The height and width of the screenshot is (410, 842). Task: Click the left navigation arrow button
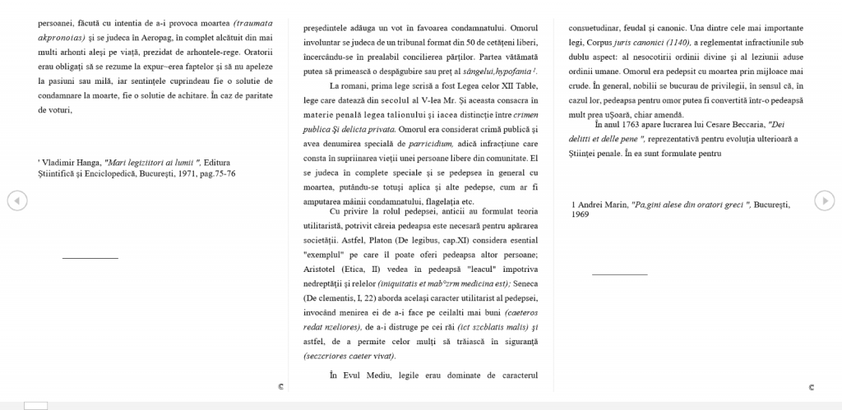pyautogui.click(x=16, y=200)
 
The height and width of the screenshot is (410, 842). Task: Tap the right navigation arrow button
pyautogui.click(x=824, y=200)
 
